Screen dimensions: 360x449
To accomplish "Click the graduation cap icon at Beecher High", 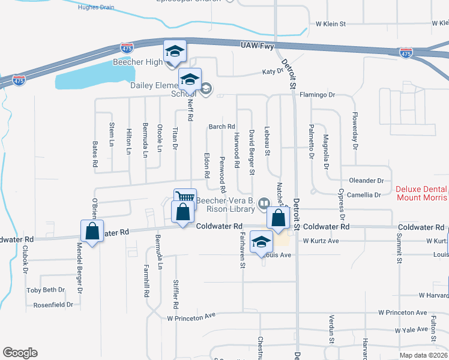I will coord(175,51).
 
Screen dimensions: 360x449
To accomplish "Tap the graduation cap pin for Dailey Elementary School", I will coord(190,79).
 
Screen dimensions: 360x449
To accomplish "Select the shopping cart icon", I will coord(185,198).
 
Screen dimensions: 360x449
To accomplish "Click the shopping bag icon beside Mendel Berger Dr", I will coord(92,231).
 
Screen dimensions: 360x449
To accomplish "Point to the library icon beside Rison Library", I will coord(263,205).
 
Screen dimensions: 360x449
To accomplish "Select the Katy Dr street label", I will coord(272,71).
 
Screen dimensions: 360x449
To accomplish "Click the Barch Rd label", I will coord(221,127).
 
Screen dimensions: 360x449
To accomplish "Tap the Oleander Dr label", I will coord(366,180).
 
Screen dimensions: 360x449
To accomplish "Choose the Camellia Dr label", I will coord(365,195).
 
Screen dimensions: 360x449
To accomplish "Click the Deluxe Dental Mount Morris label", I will coord(421,193).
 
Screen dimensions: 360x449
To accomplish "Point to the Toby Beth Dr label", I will coord(46,290).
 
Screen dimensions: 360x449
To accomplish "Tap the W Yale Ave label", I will coord(412,331).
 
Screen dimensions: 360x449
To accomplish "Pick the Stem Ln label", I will coord(112,134).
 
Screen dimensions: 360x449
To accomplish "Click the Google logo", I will coord(20,353).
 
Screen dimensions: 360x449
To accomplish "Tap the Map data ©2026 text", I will coord(423,355).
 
